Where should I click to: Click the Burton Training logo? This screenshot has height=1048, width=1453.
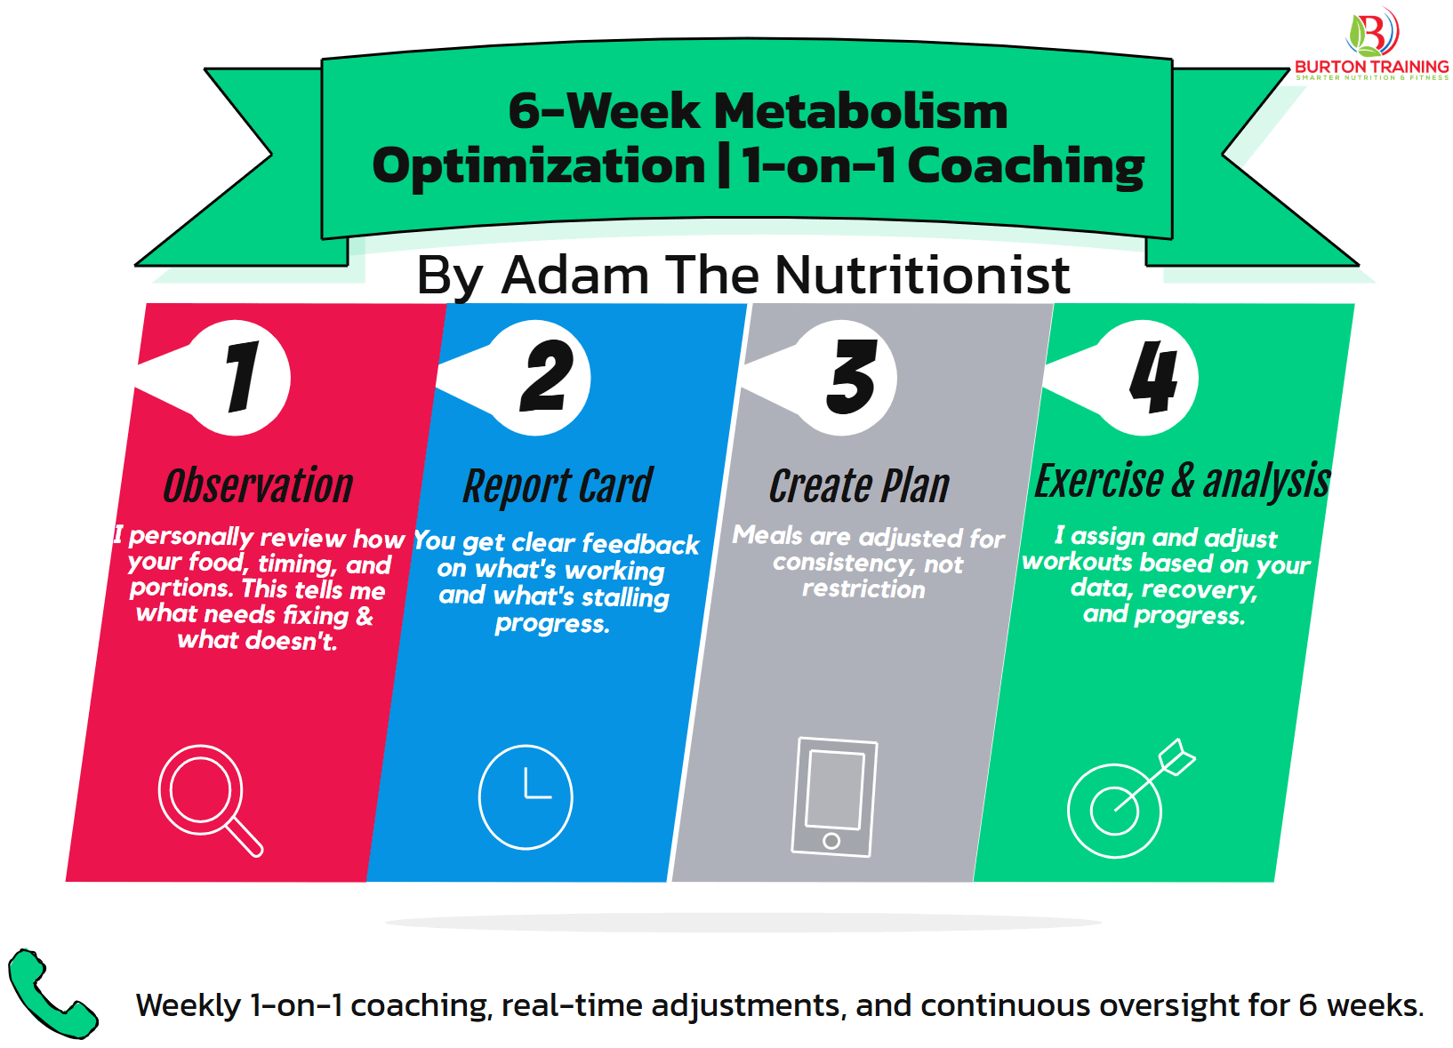tap(1371, 44)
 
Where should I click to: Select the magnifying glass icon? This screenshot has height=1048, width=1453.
tap(208, 798)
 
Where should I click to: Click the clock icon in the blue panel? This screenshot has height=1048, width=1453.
tap(526, 796)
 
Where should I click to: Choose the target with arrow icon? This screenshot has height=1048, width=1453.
tap(1126, 800)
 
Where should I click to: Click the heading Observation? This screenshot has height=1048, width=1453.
tap(258, 486)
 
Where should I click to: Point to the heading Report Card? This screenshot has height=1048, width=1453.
tap(558, 487)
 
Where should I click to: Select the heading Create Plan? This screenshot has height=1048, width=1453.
tap(859, 487)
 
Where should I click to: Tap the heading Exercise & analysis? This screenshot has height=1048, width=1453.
tap(1183, 482)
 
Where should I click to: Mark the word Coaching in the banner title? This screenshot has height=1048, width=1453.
tap(1025, 167)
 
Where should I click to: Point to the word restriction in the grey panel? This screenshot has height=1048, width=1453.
tap(863, 589)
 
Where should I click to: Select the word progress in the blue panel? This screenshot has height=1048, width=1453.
tap(551, 624)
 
